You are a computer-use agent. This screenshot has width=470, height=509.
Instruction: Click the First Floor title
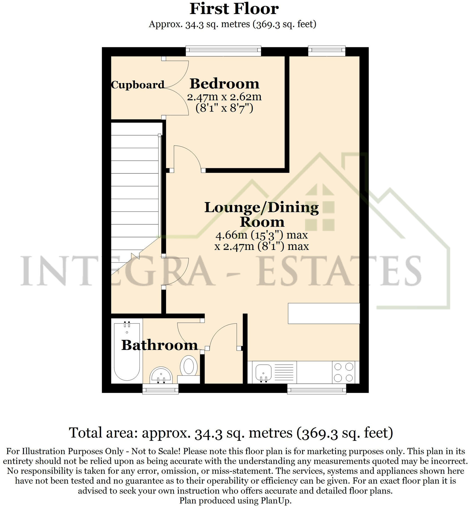point(234,9)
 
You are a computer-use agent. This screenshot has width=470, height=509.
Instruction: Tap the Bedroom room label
point(224,84)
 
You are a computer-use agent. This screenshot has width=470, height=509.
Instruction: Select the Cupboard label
point(137,85)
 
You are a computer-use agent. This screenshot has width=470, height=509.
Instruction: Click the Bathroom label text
point(159,345)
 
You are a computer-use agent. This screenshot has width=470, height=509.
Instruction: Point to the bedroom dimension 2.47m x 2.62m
point(224,97)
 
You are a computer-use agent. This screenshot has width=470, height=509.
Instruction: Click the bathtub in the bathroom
point(127,352)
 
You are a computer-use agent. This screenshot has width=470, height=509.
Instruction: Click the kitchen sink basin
point(263,372)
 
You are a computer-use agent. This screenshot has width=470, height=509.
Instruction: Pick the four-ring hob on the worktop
point(344,372)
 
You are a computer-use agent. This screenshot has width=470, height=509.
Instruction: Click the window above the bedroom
point(223,51)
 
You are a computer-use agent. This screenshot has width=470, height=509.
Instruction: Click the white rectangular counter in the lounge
point(324,313)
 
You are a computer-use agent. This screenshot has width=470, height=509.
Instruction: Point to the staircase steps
point(135,186)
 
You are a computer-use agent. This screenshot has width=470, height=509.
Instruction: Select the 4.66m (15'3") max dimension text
point(261,235)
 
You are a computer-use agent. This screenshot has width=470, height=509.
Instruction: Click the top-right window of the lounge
point(327,51)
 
